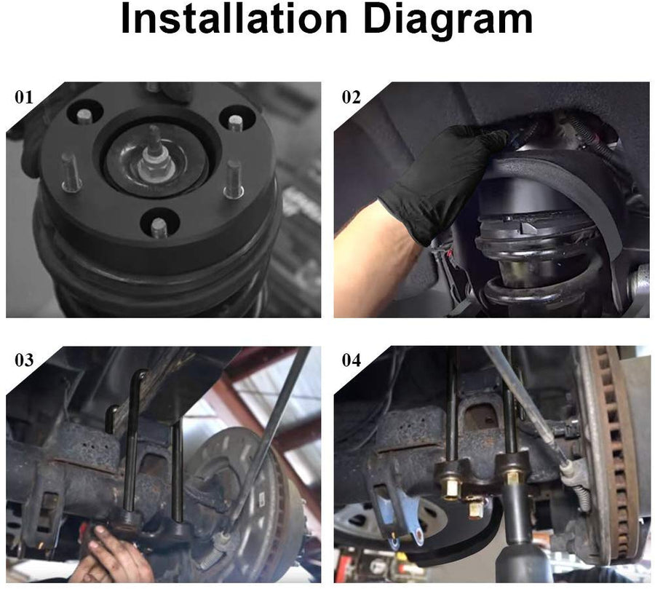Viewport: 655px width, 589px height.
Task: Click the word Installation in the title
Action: coord(234,19)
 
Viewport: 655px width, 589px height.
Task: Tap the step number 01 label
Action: coord(24,97)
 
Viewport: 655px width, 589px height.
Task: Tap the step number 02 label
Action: coord(351,97)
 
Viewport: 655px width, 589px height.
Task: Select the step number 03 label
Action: coord(24,360)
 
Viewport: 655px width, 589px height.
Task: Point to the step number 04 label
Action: coord(351,360)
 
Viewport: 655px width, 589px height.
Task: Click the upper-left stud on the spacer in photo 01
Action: coord(85,116)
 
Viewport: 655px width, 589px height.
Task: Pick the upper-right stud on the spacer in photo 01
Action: coord(236,122)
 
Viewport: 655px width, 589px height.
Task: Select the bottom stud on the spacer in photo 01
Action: coord(159,228)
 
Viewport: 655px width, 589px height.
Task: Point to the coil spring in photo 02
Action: coord(539,267)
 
